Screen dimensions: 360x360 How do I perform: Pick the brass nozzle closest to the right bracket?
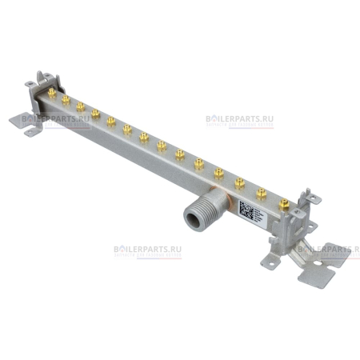[282, 206]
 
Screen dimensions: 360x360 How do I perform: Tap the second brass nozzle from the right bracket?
[261, 194]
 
